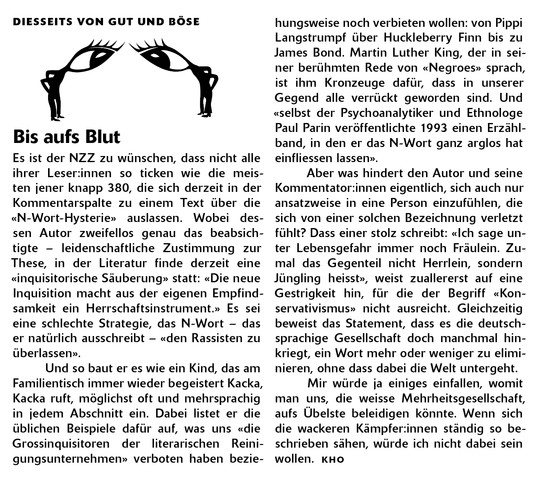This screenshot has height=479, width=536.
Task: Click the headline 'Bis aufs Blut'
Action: (67, 137)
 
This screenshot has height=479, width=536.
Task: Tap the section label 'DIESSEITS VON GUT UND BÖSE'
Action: (106, 22)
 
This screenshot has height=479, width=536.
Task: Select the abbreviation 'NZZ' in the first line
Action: (84, 158)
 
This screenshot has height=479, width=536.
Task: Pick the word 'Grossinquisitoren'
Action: (61, 444)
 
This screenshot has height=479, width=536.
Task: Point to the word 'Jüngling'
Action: (299, 279)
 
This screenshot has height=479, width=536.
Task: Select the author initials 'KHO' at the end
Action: (333, 460)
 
